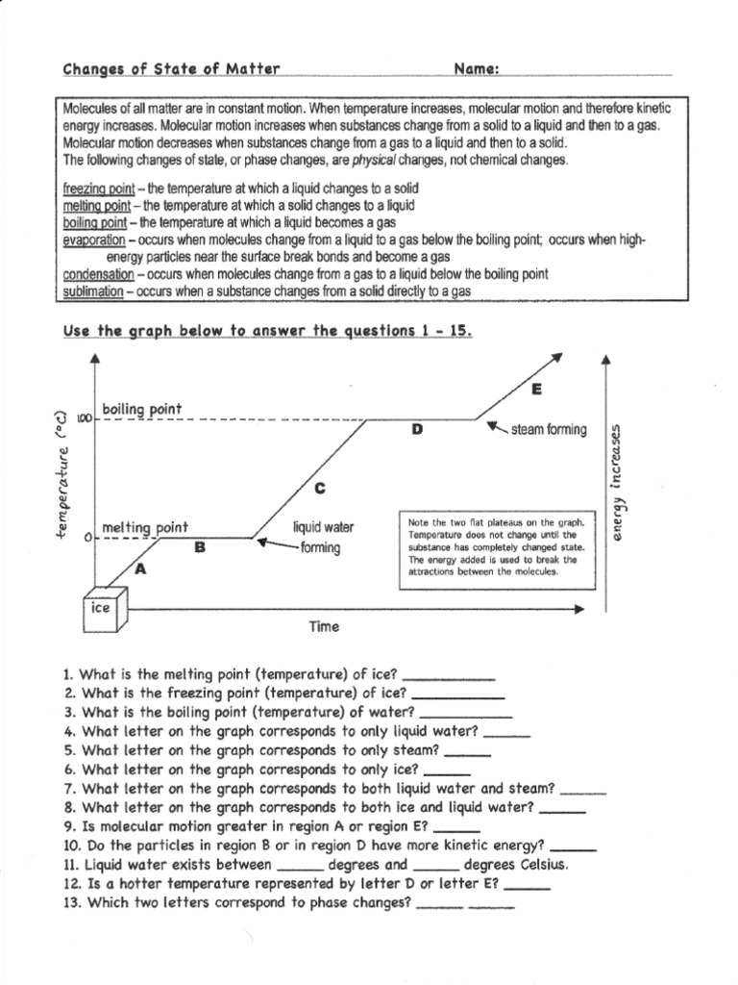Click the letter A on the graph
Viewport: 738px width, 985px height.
[141, 568]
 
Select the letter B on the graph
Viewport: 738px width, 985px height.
[200, 547]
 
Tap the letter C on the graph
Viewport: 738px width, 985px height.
[320, 489]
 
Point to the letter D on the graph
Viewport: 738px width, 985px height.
[417, 429]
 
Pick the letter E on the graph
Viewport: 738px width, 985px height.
[536, 389]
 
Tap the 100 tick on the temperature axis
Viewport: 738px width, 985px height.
[82, 420]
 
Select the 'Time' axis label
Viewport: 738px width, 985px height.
[324, 627]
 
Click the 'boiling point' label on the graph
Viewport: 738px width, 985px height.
[141, 410]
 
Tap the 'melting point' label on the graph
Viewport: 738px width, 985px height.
[145, 527]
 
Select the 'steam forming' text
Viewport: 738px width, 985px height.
[548, 430]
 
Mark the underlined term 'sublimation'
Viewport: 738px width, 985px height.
[94, 290]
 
